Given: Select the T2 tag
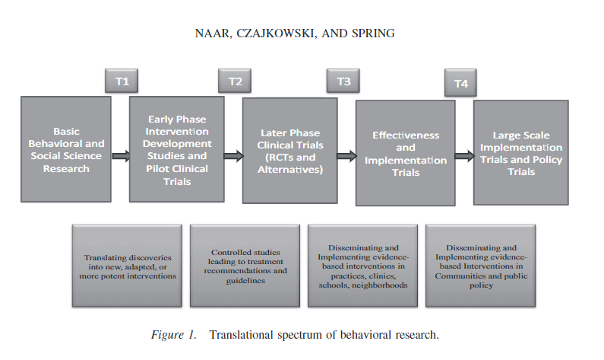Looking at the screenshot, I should point(233,81).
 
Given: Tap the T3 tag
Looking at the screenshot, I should point(343,81).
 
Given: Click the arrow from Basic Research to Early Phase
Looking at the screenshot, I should point(120,156).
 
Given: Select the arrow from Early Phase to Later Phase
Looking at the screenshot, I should point(233,156).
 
